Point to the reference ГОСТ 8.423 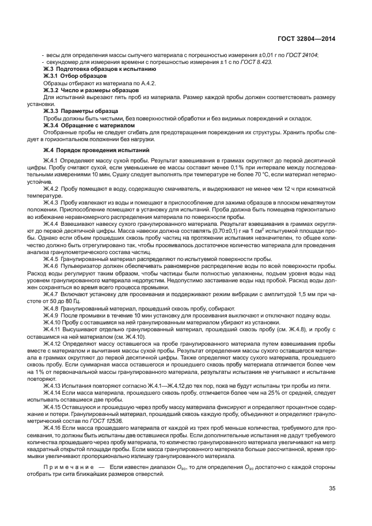click(x=259, y=61)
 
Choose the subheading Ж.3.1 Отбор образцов click(x=70, y=75)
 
